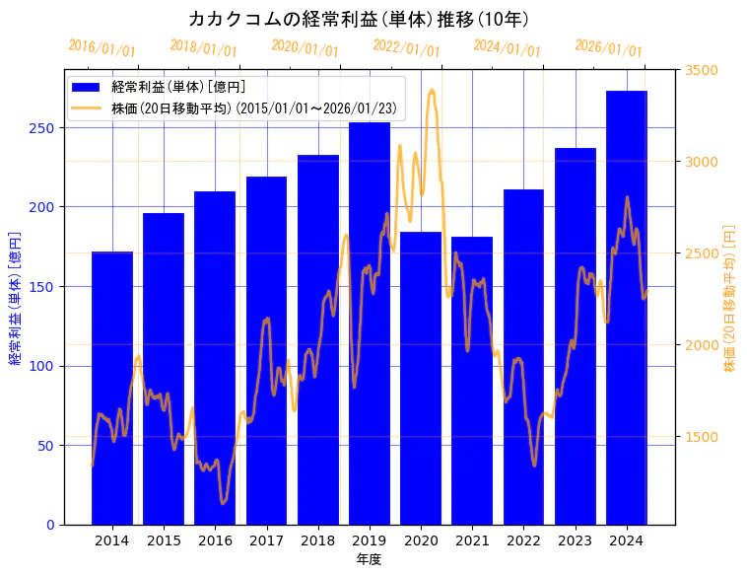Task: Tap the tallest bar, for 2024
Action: [627, 307]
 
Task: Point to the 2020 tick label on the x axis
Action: [421, 540]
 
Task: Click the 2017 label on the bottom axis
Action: [266, 540]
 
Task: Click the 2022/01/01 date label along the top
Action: [406, 47]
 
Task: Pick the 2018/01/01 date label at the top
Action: [203, 47]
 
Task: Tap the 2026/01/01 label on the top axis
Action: [608, 47]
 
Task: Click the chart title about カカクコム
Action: [359, 19]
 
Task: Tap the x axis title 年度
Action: [369, 559]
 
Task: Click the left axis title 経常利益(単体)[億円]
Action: [15, 297]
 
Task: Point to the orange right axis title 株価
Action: [730, 297]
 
